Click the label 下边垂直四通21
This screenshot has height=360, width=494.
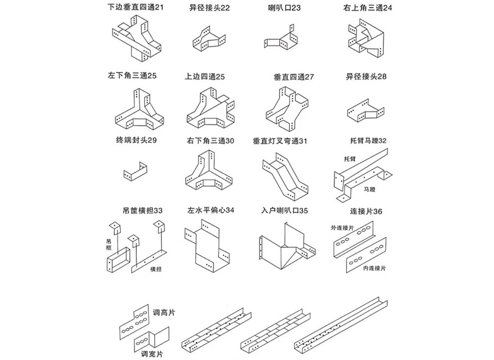135,8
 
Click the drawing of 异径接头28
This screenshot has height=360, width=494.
364,109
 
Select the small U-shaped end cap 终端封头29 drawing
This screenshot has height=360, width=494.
136,171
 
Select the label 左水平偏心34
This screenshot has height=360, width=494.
210,210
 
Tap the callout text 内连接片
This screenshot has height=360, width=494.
374,268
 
